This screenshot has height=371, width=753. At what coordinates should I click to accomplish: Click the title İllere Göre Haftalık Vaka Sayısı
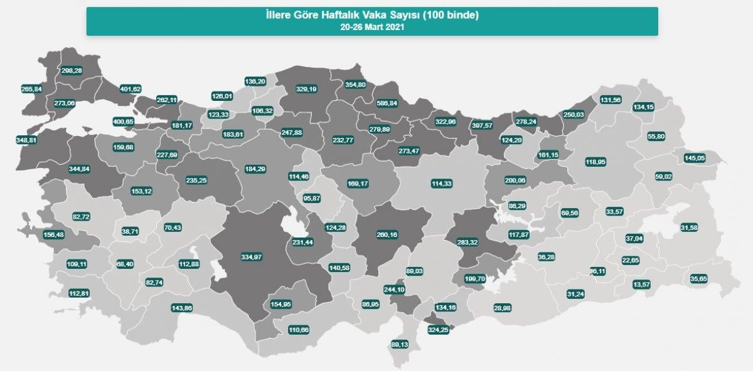(x=372, y=16)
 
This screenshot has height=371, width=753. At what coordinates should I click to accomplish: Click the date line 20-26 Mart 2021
(x=372, y=27)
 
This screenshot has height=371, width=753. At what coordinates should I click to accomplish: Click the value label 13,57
(x=642, y=285)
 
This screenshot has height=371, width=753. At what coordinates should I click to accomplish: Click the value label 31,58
(x=689, y=227)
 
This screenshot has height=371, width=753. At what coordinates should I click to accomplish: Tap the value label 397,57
(x=488, y=125)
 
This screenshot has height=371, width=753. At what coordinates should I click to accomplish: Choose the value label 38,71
(x=131, y=231)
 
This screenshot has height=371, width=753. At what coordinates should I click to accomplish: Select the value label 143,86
(x=182, y=308)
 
